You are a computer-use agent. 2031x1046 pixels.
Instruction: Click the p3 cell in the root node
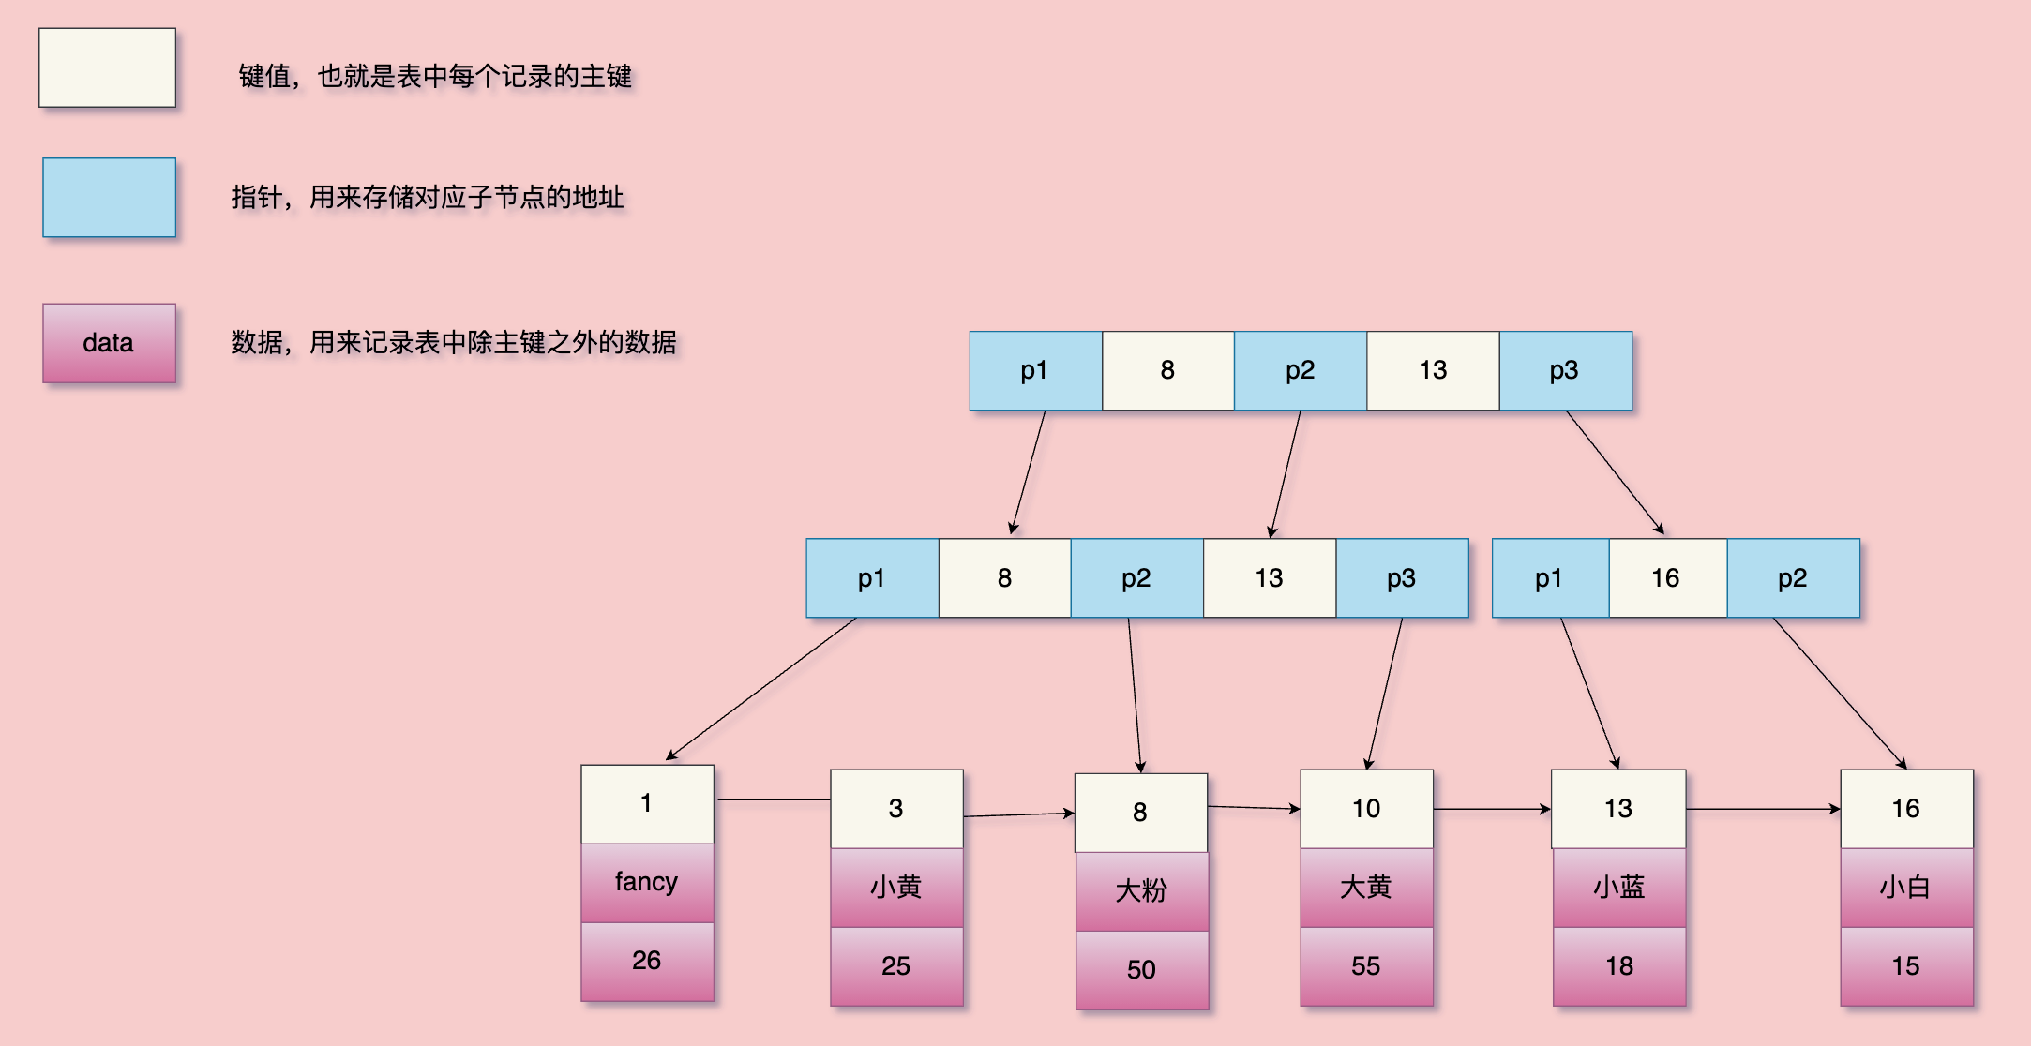pyautogui.click(x=1565, y=370)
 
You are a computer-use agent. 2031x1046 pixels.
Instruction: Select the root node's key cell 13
pyautogui.click(x=1432, y=370)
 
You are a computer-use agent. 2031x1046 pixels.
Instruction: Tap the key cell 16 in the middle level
pyautogui.click(x=1666, y=577)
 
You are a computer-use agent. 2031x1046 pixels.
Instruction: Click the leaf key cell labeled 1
pyautogui.click(x=647, y=803)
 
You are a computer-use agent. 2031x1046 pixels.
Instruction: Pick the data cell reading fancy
pyautogui.click(x=647, y=882)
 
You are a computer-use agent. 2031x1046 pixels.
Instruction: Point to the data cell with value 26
pyautogui.click(x=647, y=961)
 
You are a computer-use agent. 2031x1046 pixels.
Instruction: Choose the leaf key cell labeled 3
pyautogui.click(x=896, y=808)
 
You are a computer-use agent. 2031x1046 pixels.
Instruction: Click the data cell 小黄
pyautogui.click(x=896, y=887)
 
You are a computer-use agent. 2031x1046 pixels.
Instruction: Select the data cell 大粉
pyautogui.click(x=1141, y=890)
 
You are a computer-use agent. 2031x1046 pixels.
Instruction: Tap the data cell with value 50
pyautogui.click(x=1141, y=969)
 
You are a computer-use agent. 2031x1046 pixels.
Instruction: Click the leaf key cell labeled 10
pyautogui.click(x=1366, y=808)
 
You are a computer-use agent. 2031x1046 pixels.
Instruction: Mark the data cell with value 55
pyautogui.click(x=1366, y=965)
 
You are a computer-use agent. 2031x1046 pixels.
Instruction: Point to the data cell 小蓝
pyautogui.click(x=1619, y=887)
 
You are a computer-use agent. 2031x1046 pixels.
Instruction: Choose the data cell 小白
pyautogui.click(x=1906, y=887)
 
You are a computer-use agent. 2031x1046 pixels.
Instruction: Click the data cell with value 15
pyautogui.click(x=1906, y=965)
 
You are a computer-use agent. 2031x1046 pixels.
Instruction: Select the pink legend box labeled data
pyautogui.click(x=109, y=343)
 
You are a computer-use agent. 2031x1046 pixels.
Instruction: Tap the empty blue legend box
pyautogui.click(x=109, y=197)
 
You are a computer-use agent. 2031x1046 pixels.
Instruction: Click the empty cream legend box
pyautogui.click(x=107, y=67)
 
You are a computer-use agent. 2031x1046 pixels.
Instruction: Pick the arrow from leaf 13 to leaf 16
pyautogui.click(x=1763, y=809)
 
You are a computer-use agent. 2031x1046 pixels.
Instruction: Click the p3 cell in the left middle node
pyautogui.click(x=1402, y=577)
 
